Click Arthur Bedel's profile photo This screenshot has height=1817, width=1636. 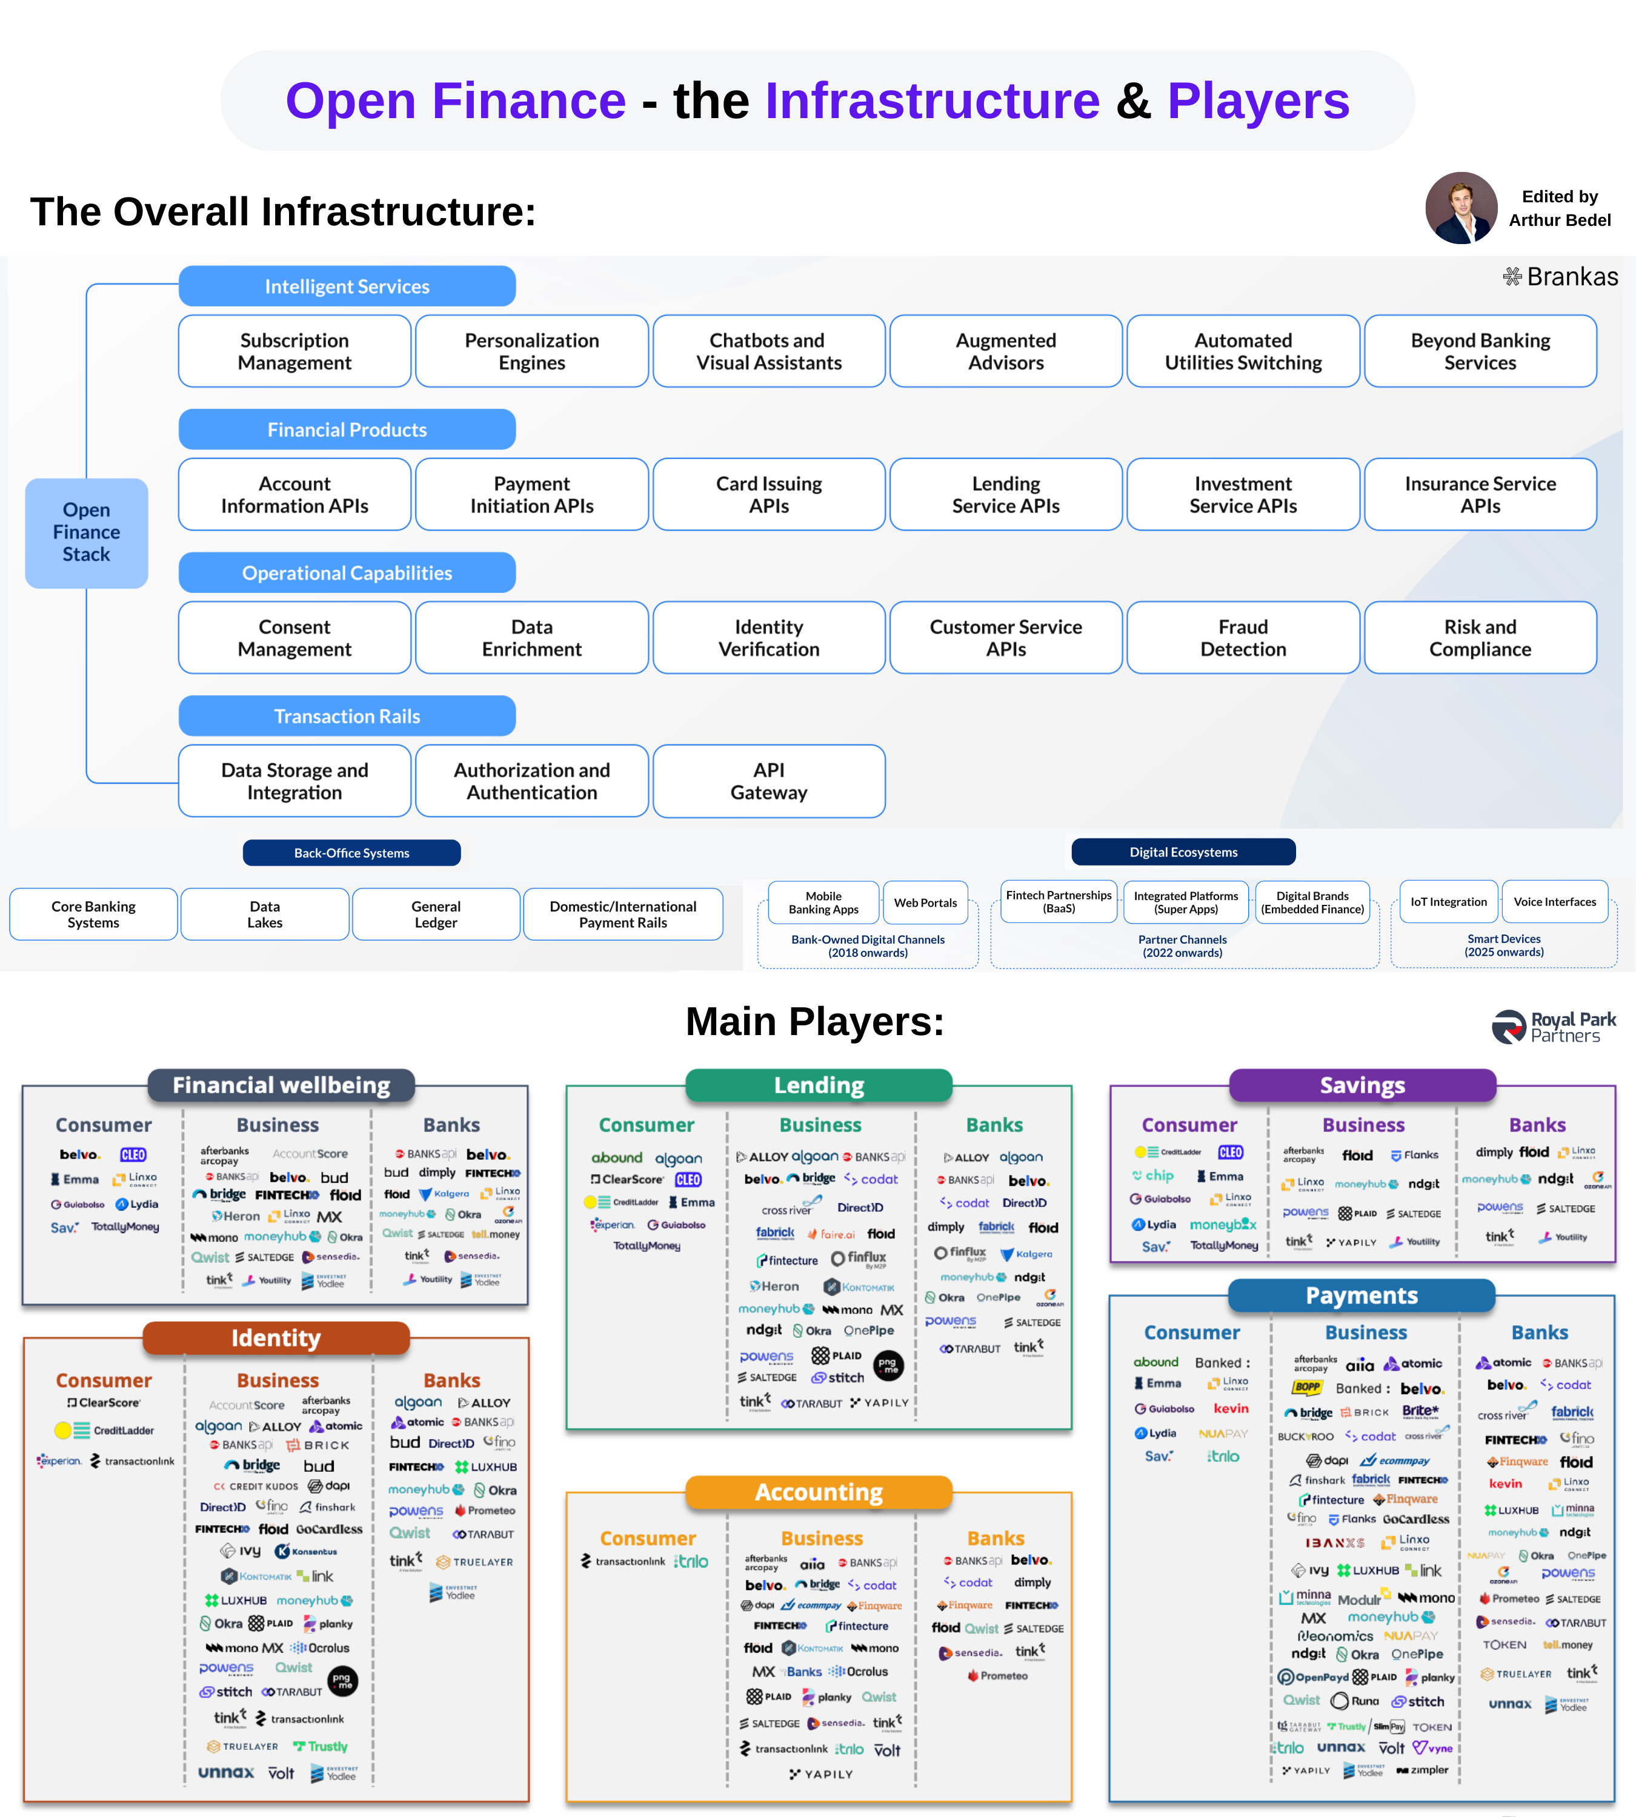tap(1461, 208)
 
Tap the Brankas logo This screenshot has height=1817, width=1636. tap(1560, 277)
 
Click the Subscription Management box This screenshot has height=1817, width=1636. tap(295, 351)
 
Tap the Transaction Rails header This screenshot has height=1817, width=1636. tap(347, 716)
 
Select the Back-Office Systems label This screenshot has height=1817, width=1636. tap(351, 853)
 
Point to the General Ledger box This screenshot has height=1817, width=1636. tap(436, 914)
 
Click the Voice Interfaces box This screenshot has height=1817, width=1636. tap(1554, 902)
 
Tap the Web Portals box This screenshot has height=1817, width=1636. tap(925, 903)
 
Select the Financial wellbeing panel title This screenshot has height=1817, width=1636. tap(281, 1085)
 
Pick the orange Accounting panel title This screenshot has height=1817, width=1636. tap(818, 1492)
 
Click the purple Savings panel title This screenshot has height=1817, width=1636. tap(1362, 1085)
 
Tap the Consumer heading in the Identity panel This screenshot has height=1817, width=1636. tap(104, 1380)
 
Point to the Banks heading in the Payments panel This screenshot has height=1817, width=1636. tap(1539, 1332)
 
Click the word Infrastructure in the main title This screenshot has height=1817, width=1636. tap(932, 101)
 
